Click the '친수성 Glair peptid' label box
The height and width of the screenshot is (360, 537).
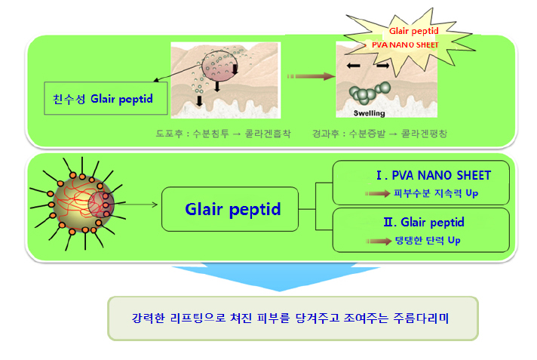pos(106,98)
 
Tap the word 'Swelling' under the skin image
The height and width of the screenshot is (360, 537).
pos(370,113)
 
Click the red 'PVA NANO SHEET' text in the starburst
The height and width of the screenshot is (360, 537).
pos(405,45)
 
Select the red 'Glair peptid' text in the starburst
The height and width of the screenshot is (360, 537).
pos(414,31)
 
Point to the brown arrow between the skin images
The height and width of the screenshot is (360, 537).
pos(311,76)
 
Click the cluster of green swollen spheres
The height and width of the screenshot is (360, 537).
pos(370,93)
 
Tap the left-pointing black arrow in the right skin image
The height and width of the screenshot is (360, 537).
pos(353,66)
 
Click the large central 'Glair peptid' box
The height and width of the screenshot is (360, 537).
pos(230,209)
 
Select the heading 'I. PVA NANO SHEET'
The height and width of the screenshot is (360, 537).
pos(434,176)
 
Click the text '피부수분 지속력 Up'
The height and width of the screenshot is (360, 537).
pos(436,193)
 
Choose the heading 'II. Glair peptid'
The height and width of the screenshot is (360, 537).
pos(424,222)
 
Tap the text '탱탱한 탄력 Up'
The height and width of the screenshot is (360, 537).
pos(428,240)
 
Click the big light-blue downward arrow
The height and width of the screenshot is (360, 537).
pos(276,276)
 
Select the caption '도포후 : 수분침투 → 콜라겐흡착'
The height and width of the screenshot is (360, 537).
pos(223,134)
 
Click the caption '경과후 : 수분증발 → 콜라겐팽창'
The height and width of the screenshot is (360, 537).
pos(379,134)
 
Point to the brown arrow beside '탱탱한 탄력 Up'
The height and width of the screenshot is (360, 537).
pos(379,242)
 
